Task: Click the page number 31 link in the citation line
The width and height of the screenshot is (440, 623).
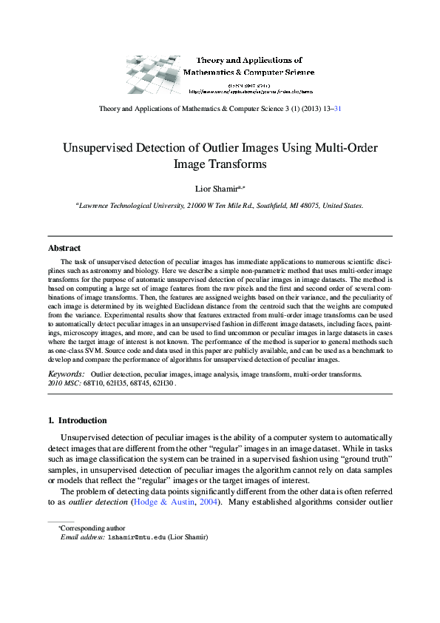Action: pos(337,108)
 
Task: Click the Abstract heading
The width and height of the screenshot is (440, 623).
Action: pos(64,248)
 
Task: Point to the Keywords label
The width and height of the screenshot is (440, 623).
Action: pos(65,375)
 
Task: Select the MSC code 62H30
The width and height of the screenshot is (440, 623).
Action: pos(163,385)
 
